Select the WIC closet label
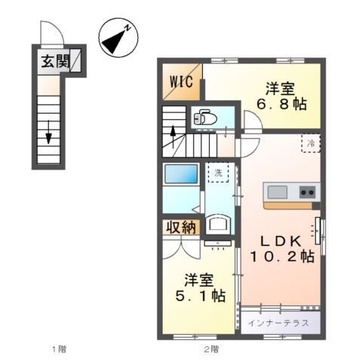(180, 81)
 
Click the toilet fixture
(204, 118)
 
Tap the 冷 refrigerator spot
(310, 143)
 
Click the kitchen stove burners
(307, 192)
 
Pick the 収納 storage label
(180, 227)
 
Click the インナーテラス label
(279, 322)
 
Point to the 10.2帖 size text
(282, 257)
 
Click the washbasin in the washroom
(219, 223)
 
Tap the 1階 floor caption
(59, 349)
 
